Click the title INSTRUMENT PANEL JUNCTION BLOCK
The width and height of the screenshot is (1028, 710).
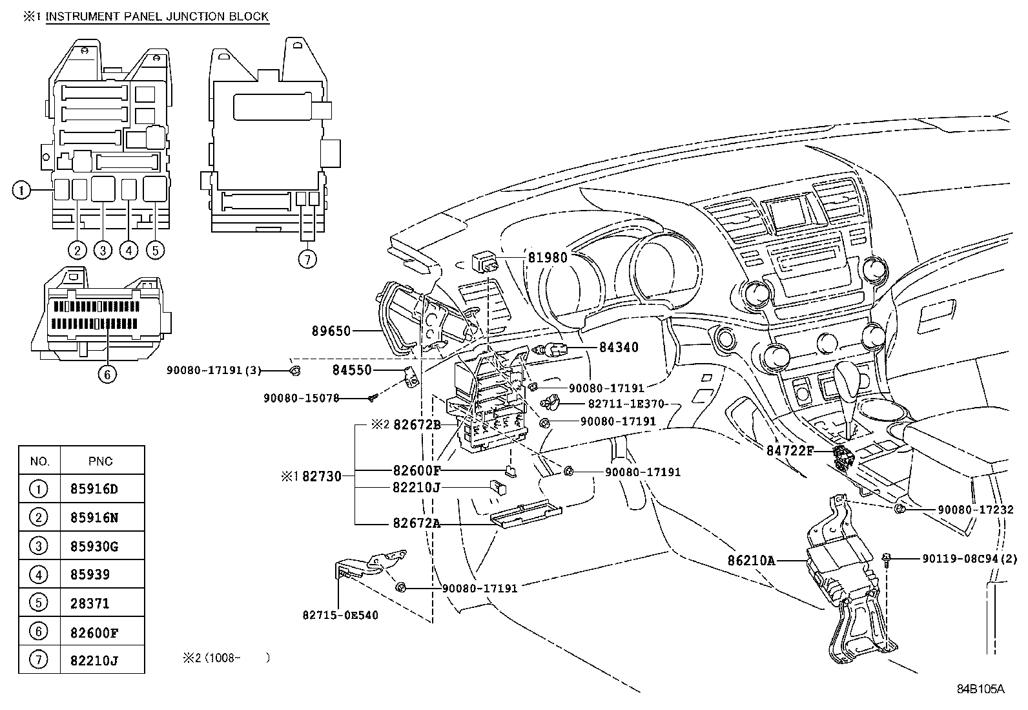click(157, 17)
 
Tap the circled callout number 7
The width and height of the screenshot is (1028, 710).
click(307, 260)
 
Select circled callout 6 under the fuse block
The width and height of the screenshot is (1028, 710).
click(107, 374)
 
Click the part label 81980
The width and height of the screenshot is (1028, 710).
click(548, 258)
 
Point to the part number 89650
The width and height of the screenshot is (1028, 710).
click(331, 331)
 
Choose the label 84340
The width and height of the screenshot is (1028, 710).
click(619, 347)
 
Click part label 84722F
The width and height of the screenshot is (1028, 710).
click(790, 450)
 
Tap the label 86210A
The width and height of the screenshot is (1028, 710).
click(751, 560)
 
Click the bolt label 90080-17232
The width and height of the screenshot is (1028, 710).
click(975, 509)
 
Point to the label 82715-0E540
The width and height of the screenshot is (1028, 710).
click(340, 615)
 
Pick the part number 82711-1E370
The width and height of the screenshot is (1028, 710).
click(626, 404)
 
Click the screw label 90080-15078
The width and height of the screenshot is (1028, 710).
click(301, 398)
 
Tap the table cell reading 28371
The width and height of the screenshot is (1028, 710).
click(90, 603)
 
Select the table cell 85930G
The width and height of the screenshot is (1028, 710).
click(94, 546)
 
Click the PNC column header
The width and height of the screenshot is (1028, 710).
click(101, 461)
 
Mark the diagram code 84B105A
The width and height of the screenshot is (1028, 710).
click(980, 689)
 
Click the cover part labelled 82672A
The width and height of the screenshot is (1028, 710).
click(526, 514)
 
